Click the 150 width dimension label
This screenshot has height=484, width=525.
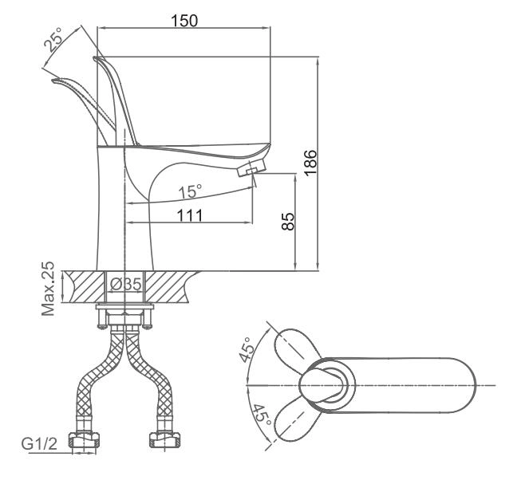point(184,21)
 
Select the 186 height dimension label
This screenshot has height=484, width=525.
point(310,163)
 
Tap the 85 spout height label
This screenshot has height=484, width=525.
point(288,222)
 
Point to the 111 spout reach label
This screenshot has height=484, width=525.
point(190,215)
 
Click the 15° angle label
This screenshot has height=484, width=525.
point(190,192)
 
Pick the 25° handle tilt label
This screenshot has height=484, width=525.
point(53,39)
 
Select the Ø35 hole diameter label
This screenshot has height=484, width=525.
point(126,285)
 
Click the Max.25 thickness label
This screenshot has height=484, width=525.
point(48,289)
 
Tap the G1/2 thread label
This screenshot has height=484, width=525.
point(39,444)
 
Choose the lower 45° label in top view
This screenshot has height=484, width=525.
point(262,415)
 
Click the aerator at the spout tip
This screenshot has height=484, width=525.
point(252,168)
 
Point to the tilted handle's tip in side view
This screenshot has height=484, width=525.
point(53,81)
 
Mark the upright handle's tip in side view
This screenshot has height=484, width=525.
point(94,59)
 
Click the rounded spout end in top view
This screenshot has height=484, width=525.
point(464,385)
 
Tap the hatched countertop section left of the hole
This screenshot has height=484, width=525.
point(86,287)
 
